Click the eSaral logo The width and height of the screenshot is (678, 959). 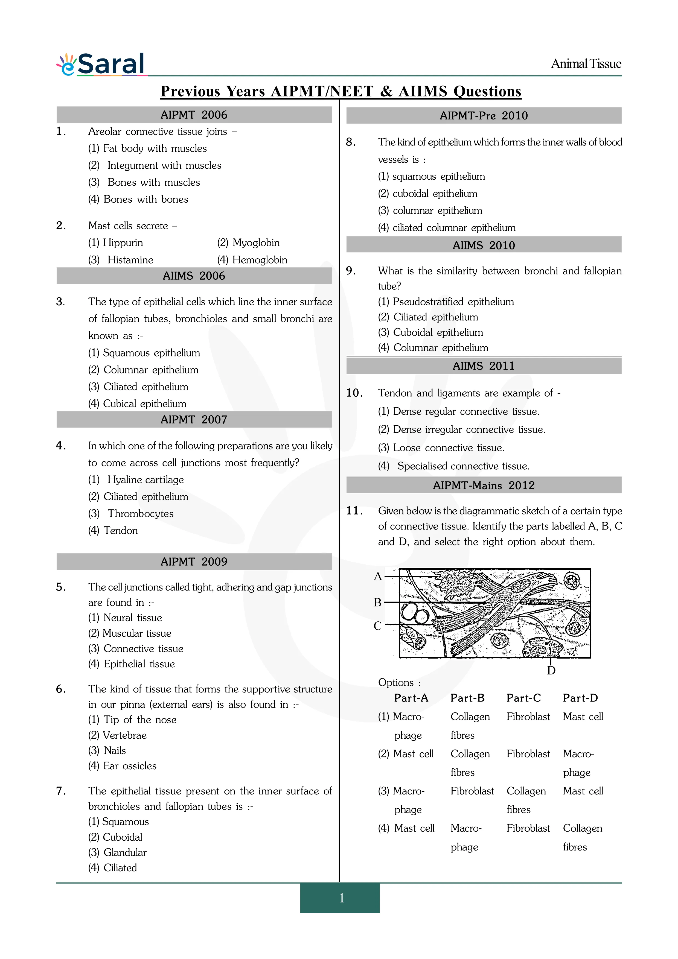point(101,64)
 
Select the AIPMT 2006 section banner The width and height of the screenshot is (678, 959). point(194,115)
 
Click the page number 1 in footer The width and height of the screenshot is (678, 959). point(342,897)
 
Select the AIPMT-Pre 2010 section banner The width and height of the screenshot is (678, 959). point(484,116)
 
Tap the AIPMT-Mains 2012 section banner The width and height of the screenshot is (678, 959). point(484,485)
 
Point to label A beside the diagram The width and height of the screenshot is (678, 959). point(378,576)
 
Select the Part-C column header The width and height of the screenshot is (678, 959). point(523,698)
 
